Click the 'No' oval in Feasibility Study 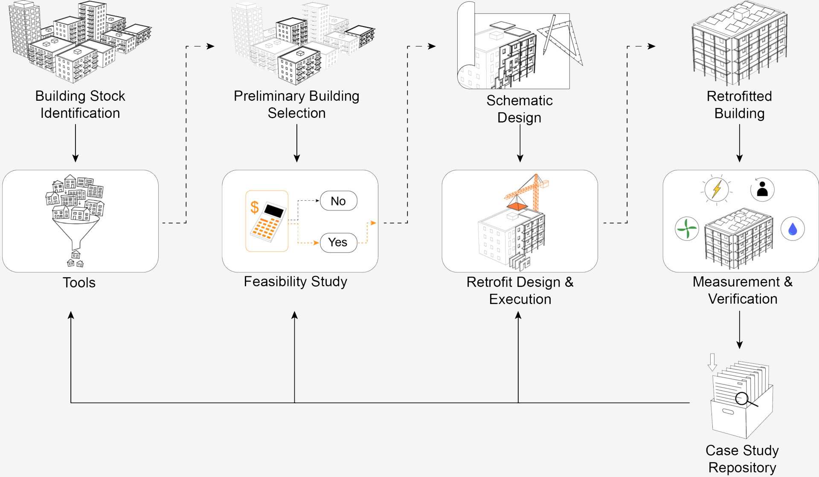(x=338, y=201)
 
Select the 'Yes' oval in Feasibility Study (x=338, y=243)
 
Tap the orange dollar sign (x=255, y=207)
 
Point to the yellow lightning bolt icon (x=717, y=189)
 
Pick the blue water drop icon (x=793, y=229)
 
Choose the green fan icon (x=687, y=229)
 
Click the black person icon (x=762, y=189)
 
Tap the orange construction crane (x=531, y=192)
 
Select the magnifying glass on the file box (x=743, y=399)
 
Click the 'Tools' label (x=79, y=283)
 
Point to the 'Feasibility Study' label (x=295, y=282)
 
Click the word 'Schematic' (x=520, y=101)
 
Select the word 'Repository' (x=742, y=468)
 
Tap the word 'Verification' (x=743, y=299)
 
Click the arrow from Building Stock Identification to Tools (x=76, y=143)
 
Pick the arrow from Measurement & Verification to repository (x=740, y=330)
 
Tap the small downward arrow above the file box (x=712, y=362)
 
